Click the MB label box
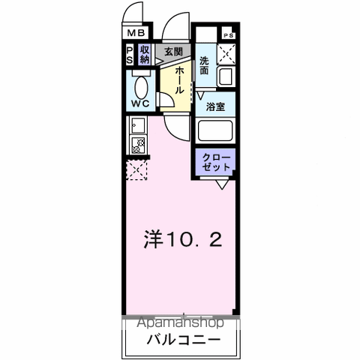136,32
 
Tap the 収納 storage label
145,55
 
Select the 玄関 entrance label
173,52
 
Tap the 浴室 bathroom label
216,106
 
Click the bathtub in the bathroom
216,130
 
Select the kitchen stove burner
137,146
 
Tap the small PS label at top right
227,34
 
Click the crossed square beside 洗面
226,55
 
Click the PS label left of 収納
130,55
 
